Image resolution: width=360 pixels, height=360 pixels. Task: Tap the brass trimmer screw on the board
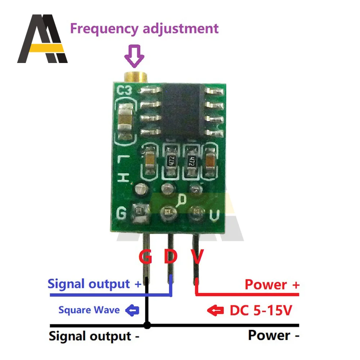[x=135, y=76]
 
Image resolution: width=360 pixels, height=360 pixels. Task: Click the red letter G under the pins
[x=145, y=257]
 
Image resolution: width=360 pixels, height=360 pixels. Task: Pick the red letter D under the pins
[x=171, y=257]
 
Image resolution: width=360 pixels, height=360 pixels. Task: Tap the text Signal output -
[x=94, y=337]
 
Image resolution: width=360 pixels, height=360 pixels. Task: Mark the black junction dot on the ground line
[x=147, y=325]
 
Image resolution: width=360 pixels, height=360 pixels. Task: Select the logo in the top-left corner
[x=42, y=39]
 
